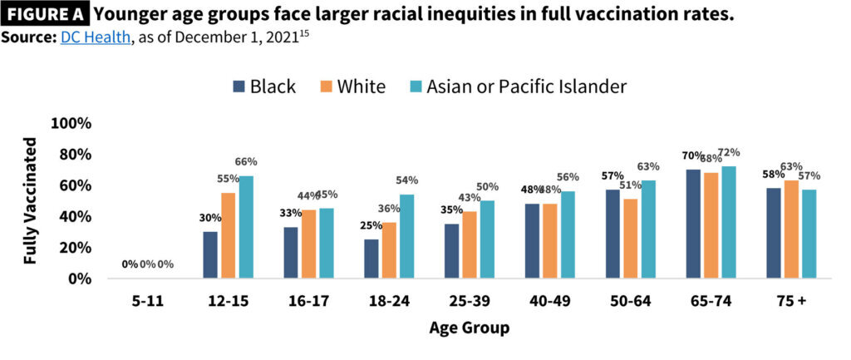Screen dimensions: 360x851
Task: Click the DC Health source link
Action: click(x=93, y=39)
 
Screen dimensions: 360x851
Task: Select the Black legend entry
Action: click(x=264, y=86)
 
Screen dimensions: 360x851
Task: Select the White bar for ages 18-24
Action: click(x=389, y=250)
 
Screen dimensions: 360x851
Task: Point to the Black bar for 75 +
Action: click(x=773, y=234)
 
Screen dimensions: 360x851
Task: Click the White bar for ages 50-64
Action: click(x=632, y=239)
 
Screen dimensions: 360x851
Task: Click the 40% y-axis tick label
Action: click(x=74, y=216)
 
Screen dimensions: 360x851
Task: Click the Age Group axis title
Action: click(x=469, y=328)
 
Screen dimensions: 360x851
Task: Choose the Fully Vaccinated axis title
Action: click(x=31, y=200)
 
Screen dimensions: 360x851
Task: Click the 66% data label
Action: click(x=246, y=161)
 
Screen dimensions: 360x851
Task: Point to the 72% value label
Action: click(x=729, y=152)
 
